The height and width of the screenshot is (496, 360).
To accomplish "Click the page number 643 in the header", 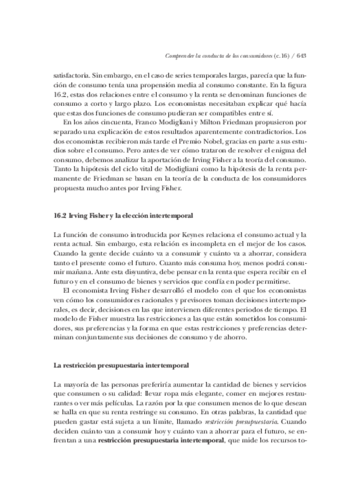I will pyautogui.click(x=302, y=56).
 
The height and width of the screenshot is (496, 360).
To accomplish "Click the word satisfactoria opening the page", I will pyautogui.click(x=68, y=75).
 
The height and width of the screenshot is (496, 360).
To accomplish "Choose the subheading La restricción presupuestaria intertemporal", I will pyautogui.click(x=121, y=366).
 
